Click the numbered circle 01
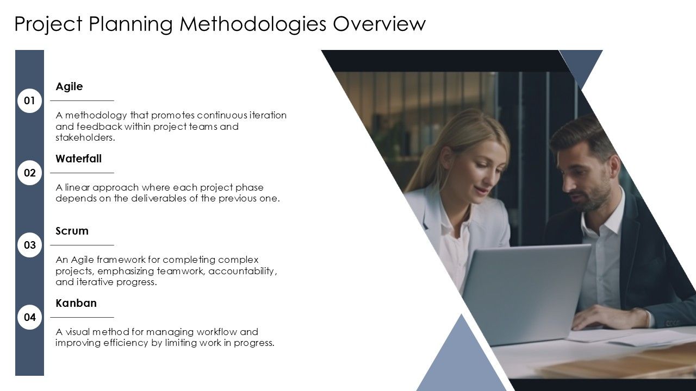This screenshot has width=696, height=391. (x=29, y=101)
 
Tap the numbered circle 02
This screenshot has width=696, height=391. (x=29, y=173)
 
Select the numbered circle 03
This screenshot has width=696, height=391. (x=29, y=245)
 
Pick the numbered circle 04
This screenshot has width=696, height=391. (x=29, y=318)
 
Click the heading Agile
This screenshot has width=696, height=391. (x=69, y=87)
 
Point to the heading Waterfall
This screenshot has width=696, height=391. (x=78, y=159)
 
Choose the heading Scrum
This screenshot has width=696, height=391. (x=72, y=231)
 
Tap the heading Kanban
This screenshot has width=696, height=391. (x=76, y=304)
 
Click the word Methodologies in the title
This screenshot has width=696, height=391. (x=253, y=24)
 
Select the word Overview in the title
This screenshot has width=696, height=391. (x=379, y=24)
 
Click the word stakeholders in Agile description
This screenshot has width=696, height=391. (x=85, y=138)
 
